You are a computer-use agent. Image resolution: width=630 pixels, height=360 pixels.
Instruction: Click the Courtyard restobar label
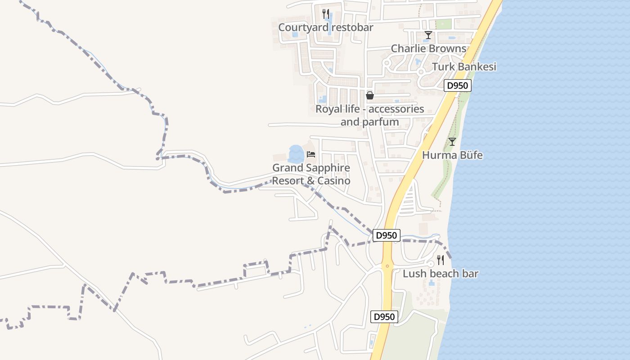tap(326, 27)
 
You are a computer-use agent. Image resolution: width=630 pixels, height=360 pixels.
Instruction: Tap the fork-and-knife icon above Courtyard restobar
tap(326, 14)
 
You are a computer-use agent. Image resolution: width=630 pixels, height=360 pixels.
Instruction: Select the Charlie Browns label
tap(428, 48)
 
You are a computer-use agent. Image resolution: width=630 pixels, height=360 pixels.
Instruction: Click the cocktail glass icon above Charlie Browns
tap(428, 35)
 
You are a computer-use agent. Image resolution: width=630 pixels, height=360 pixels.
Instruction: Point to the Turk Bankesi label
tap(464, 67)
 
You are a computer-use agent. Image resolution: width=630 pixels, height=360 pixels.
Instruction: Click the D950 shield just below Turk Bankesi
tap(458, 85)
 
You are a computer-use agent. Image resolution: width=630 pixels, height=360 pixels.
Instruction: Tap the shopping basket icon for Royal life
tap(369, 95)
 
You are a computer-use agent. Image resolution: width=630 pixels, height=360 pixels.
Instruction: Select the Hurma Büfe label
tap(452, 155)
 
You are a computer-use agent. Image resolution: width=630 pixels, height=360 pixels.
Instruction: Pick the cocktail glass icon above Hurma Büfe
tap(452, 142)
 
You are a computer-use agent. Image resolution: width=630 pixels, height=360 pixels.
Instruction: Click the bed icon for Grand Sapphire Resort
tap(311, 154)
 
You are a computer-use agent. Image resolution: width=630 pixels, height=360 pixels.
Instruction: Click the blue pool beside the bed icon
tap(296, 154)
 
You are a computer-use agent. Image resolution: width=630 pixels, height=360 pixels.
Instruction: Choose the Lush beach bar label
tap(440, 274)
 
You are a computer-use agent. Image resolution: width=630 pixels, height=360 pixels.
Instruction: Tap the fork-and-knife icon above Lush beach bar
tap(441, 260)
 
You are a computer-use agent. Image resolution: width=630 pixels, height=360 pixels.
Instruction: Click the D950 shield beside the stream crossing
tap(386, 235)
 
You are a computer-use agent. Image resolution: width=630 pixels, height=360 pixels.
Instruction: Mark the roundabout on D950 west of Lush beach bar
tap(387, 265)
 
